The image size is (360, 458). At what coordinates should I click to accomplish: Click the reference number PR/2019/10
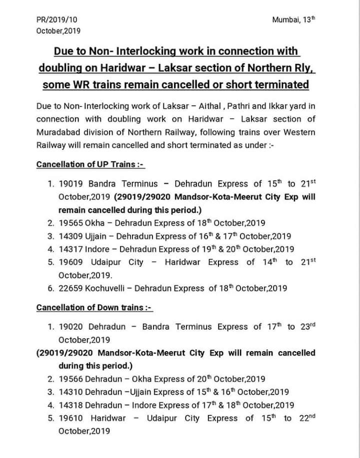point(57,19)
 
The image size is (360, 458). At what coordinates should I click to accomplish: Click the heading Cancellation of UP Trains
point(90,164)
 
